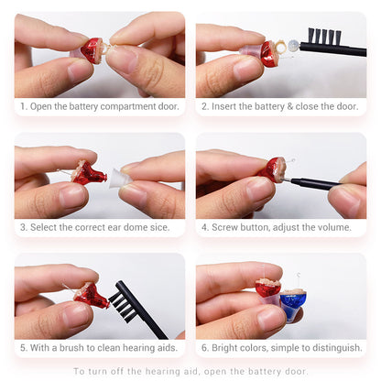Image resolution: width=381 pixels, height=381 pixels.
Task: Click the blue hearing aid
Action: tap(292, 302)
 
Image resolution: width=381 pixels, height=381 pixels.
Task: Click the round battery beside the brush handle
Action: tap(293, 46)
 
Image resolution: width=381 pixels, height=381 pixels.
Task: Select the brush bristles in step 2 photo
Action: tap(324, 36)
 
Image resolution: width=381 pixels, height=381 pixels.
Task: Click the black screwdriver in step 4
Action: tap(314, 182)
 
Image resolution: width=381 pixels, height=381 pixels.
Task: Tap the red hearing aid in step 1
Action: tap(92, 50)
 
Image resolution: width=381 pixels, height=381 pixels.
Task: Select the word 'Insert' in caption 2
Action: tap(224, 106)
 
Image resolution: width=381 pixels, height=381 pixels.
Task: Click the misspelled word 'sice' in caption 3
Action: tap(159, 227)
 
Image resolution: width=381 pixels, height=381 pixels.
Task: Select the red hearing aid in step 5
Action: tap(91, 296)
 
